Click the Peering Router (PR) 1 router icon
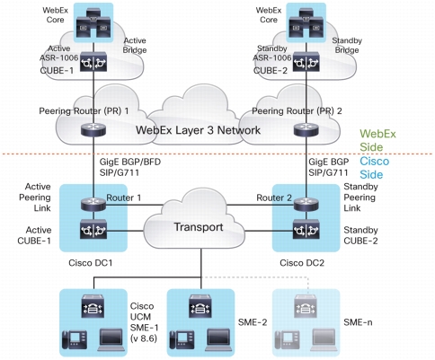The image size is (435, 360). click(93, 130)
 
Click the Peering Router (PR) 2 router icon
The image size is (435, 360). click(306, 130)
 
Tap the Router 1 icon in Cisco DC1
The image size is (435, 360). click(93, 205)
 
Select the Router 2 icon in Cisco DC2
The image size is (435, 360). click(306, 205)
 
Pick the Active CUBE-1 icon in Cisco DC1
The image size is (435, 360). click(93, 230)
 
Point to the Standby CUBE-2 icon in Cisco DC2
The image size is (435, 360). click(306, 230)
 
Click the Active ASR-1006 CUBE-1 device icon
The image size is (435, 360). click(93, 62)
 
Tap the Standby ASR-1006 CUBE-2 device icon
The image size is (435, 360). click(306, 62)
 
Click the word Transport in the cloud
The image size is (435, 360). click(199, 227)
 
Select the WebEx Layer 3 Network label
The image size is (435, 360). click(198, 130)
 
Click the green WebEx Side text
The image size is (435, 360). click(377, 140)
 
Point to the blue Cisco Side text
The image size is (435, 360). click(374, 168)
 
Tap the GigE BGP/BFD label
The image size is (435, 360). click(130, 162)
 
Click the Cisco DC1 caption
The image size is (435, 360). click(91, 263)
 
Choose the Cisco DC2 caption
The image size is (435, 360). click(302, 263)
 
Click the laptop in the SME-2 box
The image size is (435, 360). click(219, 339)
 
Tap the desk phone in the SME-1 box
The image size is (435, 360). click(75, 339)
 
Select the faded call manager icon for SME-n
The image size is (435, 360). click(305, 306)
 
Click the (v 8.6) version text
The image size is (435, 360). click(144, 338)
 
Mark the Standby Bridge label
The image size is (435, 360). click(347, 45)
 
